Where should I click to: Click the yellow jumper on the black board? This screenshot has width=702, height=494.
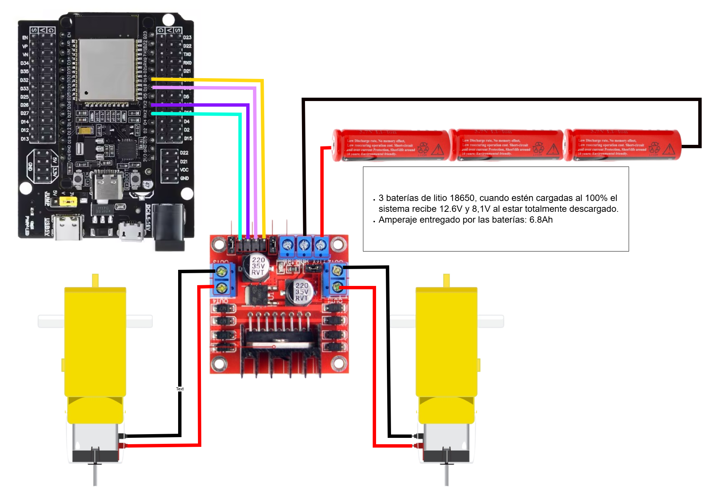click(68, 202)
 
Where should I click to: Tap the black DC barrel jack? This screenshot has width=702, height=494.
click(170, 226)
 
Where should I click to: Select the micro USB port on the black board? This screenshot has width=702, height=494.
click(131, 231)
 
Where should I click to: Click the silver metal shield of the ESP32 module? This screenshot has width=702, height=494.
click(107, 69)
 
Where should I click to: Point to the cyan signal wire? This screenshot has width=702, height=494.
click(240, 168)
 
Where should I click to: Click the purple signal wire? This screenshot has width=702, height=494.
click(248, 168)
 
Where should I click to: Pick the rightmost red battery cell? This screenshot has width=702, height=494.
click(623, 145)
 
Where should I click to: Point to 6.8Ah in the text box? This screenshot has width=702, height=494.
click(541, 220)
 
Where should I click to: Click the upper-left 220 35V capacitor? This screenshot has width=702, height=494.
click(257, 266)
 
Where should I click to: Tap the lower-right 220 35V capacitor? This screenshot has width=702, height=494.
click(301, 292)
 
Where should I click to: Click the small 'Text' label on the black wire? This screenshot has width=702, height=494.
click(180, 389)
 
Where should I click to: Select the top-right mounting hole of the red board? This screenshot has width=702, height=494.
click(338, 244)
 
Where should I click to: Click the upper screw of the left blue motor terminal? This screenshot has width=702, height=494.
click(222, 271)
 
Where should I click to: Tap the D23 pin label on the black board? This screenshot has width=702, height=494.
click(187, 37)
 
